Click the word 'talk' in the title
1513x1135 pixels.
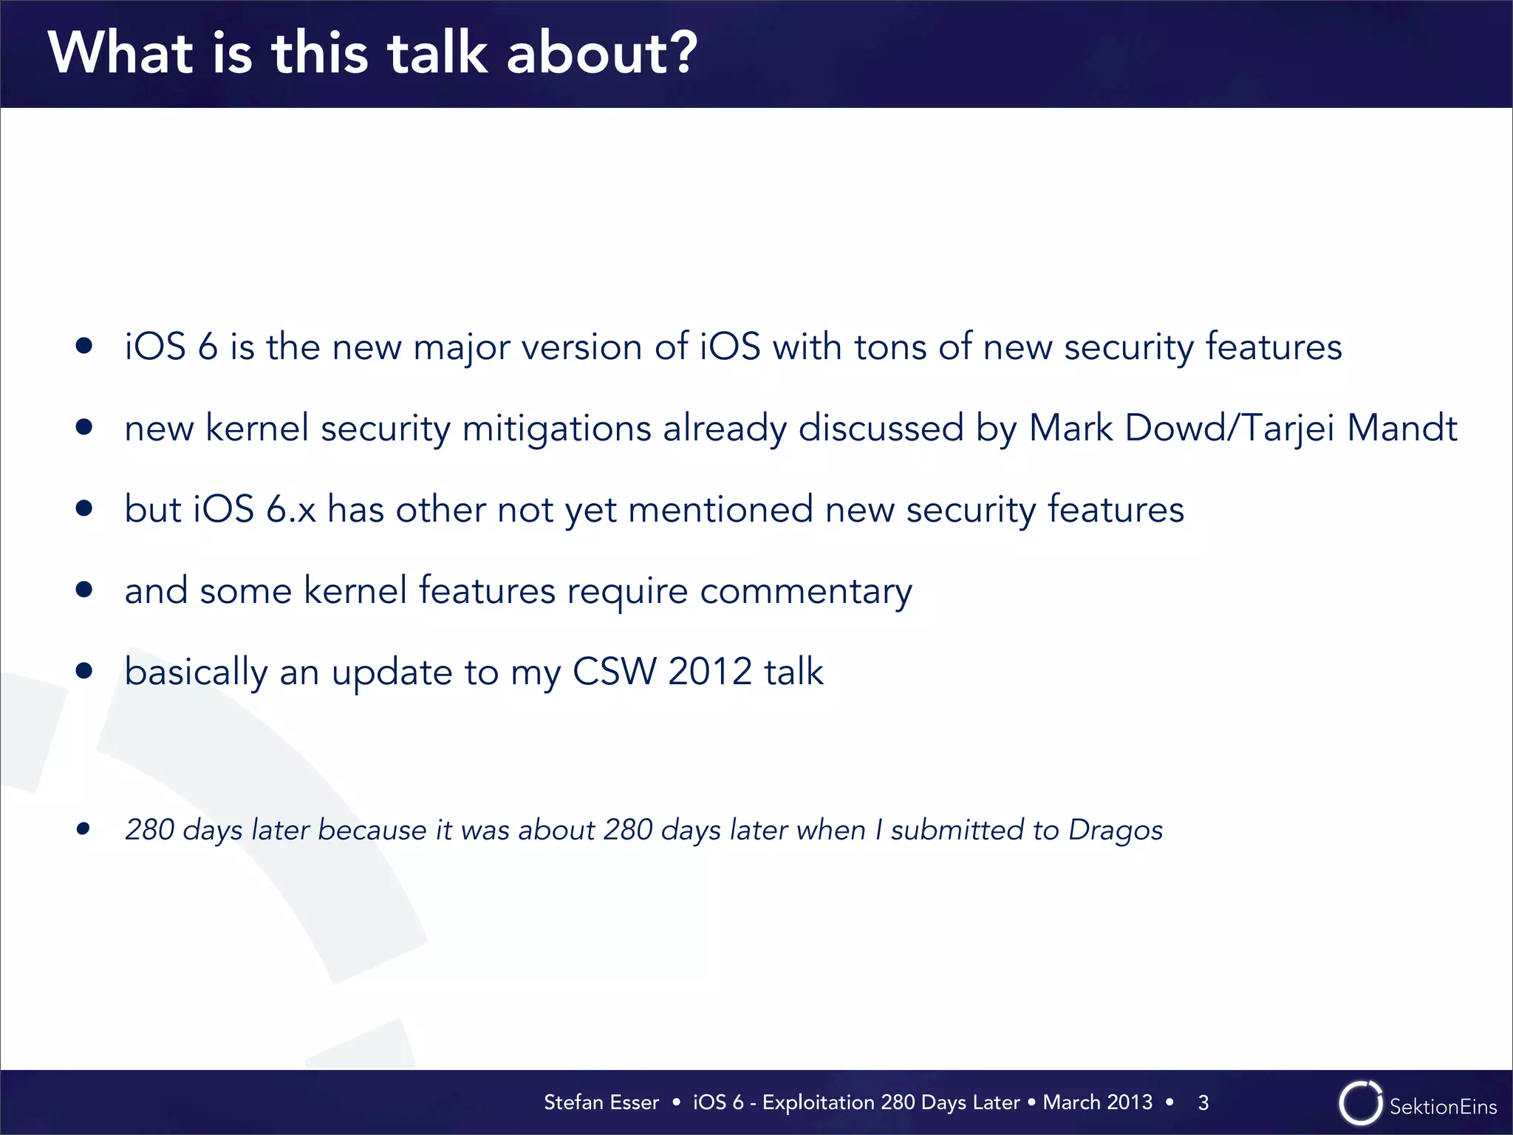[437, 53]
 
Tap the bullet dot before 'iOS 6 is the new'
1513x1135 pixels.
[83, 346]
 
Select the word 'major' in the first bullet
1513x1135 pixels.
[461, 347]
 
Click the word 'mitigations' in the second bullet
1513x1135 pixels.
[556, 429]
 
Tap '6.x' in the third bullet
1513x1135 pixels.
[290, 510]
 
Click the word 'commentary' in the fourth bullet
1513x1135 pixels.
[805, 592]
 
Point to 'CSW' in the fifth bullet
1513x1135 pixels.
[613, 672]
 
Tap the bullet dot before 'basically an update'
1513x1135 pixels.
[83, 671]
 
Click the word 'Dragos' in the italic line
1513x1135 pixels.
[1116, 831]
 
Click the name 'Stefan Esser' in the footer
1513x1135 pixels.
[601, 1102]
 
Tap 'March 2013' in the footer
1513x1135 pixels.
[1097, 1102]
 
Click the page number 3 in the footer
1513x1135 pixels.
[1203, 1103]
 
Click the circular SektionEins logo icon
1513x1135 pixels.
[1359, 1104]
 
